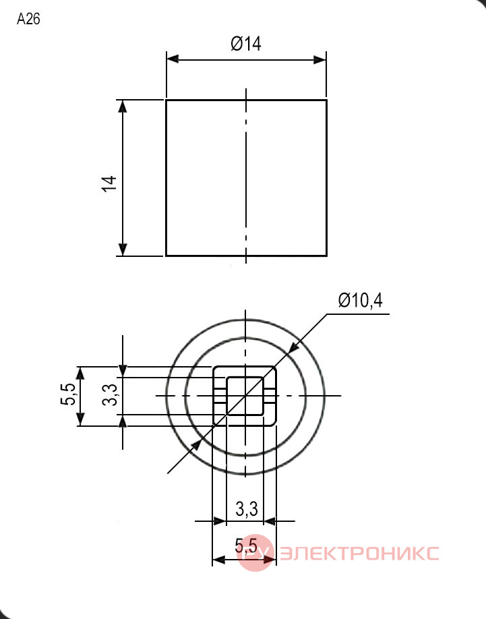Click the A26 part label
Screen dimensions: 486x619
point(28,19)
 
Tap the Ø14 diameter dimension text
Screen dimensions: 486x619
point(246,43)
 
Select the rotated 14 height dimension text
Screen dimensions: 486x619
point(109,183)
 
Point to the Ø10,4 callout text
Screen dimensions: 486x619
point(360,301)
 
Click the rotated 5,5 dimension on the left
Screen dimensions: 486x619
point(67,394)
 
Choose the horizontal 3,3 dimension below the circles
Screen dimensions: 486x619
point(247,509)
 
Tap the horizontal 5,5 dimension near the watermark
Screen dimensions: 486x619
point(246,546)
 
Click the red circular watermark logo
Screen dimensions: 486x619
point(255,553)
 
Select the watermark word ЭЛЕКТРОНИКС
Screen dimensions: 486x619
point(360,553)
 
